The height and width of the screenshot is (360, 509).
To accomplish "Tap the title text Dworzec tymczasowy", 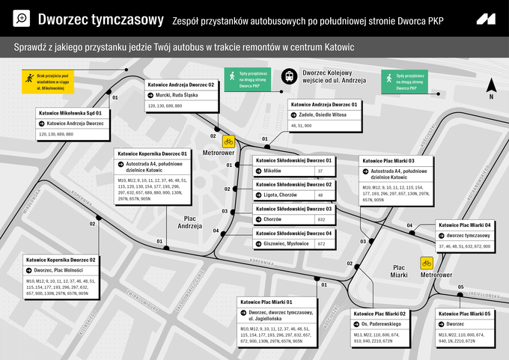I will pyautogui.click(x=100, y=19).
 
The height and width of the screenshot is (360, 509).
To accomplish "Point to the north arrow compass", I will pyautogui.click(x=491, y=88).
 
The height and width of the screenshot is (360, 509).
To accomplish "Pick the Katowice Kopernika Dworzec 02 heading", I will pyautogui.click(x=62, y=260).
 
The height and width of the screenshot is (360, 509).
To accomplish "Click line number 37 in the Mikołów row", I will pyautogui.click(x=320, y=171).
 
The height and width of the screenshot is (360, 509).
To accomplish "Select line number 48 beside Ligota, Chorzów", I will pyautogui.click(x=320, y=195).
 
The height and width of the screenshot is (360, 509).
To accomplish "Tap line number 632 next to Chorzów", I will pyautogui.click(x=320, y=219).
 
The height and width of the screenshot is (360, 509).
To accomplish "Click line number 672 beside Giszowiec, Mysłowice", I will pyautogui.click(x=320, y=244).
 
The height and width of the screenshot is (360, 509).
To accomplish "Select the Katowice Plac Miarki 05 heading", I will pyautogui.click(x=465, y=314).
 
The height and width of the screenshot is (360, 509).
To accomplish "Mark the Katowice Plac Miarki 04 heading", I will pyautogui.click(x=465, y=225).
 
